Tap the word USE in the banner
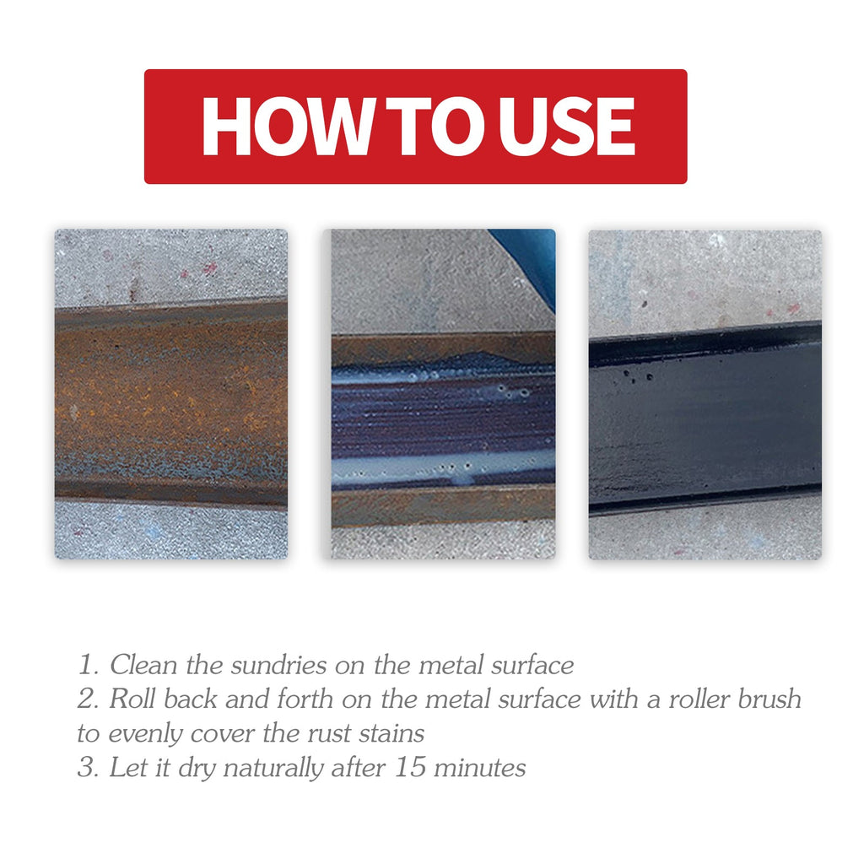(566, 127)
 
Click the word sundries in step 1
(278, 665)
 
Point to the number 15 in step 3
(410, 768)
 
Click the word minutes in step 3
(479, 768)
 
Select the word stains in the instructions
(391, 733)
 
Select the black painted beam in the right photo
(705, 418)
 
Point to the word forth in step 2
(305, 699)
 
